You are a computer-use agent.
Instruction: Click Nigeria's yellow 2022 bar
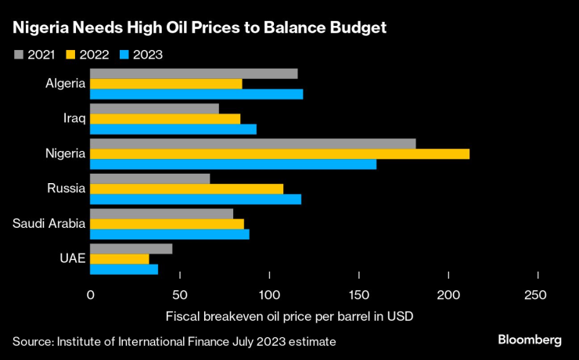point(279,153)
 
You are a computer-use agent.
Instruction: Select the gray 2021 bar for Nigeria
point(253,143)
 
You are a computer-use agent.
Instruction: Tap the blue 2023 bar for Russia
point(196,199)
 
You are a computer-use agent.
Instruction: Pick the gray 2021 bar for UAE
point(131,249)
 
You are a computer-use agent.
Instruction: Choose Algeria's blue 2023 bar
point(196,94)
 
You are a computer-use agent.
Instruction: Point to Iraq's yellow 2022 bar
point(165,119)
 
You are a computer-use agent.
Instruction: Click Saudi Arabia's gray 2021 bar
point(162,214)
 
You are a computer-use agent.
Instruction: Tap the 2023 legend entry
point(142,55)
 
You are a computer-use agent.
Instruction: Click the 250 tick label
point(538,295)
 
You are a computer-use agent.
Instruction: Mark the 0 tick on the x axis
point(91,295)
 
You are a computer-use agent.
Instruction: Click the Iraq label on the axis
point(74,119)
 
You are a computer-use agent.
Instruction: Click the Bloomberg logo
point(530,340)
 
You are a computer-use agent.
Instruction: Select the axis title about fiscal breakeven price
point(289,317)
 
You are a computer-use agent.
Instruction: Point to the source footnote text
point(174,342)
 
